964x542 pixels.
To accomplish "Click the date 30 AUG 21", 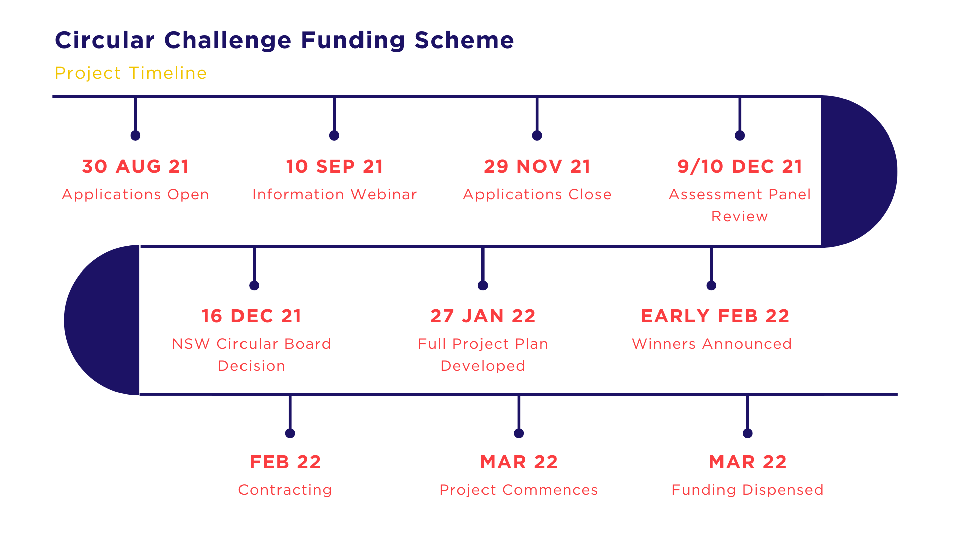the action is (x=136, y=166).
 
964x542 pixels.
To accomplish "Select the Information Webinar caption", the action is (x=334, y=194).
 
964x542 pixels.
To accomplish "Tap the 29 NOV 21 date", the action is (x=537, y=166).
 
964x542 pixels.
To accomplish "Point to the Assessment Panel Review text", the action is (x=740, y=205).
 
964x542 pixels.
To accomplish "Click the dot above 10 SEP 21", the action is (x=334, y=135).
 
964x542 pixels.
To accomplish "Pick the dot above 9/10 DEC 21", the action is (x=740, y=135).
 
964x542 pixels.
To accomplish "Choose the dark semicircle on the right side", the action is (x=859, y=172).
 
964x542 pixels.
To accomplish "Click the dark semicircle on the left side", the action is (x=102, y=320).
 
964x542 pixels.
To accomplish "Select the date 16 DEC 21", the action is (x=252, y=316).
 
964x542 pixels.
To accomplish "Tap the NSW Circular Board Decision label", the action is (x=252, y=355).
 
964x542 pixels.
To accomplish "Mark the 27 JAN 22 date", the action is (x=483, y=316).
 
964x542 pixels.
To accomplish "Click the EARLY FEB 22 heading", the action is (x=715, y=316).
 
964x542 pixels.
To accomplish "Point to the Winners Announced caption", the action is (x=711, y=344).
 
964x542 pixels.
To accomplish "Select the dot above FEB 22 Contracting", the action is (x=290, y=433).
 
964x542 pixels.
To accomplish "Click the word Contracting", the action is (x=285, y=490).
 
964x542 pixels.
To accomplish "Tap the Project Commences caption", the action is (x=519, y=490).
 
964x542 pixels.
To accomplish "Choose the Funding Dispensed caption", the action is (x=748, y=490).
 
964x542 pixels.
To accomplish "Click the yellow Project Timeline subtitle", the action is (x=131, y=73).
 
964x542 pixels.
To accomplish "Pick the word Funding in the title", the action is (x=353, y=41).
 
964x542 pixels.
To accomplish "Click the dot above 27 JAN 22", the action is (x=483, y=286).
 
